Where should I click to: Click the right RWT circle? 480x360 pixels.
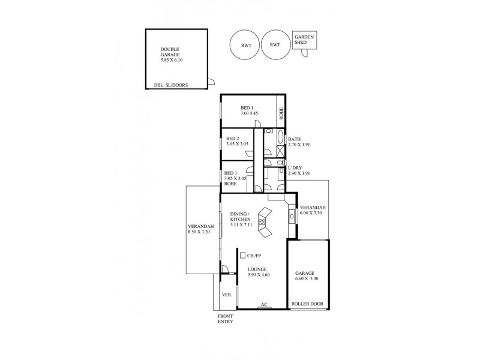pyautogui.click(x=275, y=44)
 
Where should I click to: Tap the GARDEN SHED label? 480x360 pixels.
pyautogui.click(x=304, y=41)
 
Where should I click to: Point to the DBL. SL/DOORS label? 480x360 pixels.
pyautogui.click(x=172, y=86)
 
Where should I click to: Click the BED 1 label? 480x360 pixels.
pyautogui.click(x=239, y=108)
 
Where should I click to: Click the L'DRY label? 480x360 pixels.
pyautogui.click(x=296, y=167)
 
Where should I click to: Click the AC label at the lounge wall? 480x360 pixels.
pyautogui.click(x=263, y=305)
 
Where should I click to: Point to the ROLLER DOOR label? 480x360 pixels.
pyautogui.click(x=307, y=304)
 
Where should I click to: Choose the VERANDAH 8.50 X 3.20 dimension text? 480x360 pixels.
pyautogui.click(x=200, y=231)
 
